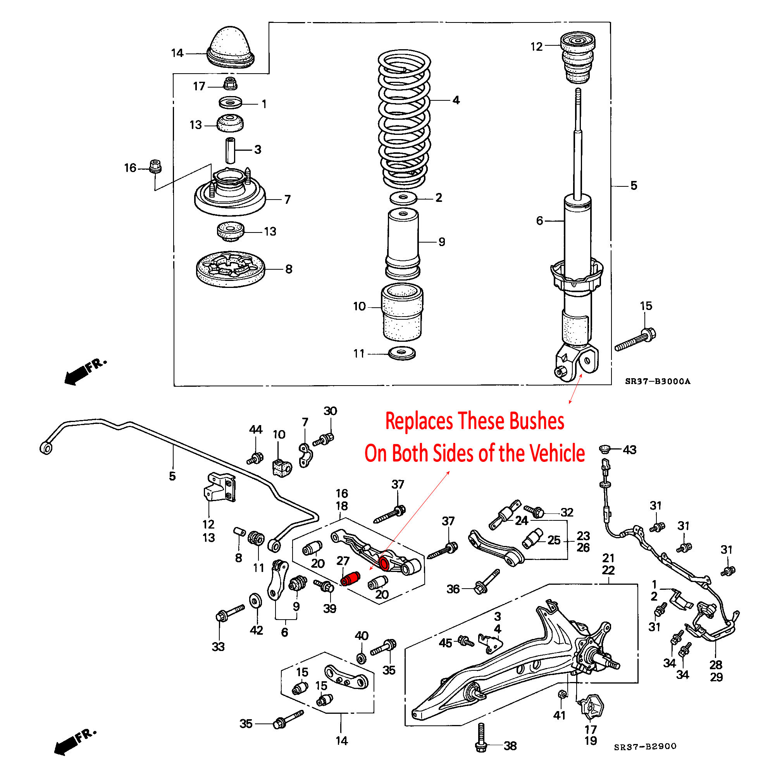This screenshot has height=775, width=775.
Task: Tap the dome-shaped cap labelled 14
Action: (x=231, y=46)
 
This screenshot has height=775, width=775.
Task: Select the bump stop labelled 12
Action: (x=577, y=58)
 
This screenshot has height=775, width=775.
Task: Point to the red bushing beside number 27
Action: (x=350, y=579)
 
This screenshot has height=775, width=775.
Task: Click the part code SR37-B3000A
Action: (x=658, y=381)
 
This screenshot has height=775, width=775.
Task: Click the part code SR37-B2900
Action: (x=645, y=747)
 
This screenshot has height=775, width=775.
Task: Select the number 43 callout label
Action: (x=630, y=449)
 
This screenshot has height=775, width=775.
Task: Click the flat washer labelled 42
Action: (x=254, y=601)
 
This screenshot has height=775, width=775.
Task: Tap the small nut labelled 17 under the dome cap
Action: (x=230, y=84)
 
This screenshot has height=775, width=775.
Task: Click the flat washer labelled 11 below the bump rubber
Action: (x=402, y=353)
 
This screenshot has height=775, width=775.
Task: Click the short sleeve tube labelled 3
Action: (x=230, y=150)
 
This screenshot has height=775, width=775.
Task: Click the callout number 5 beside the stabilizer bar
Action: (x=172, y=476)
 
